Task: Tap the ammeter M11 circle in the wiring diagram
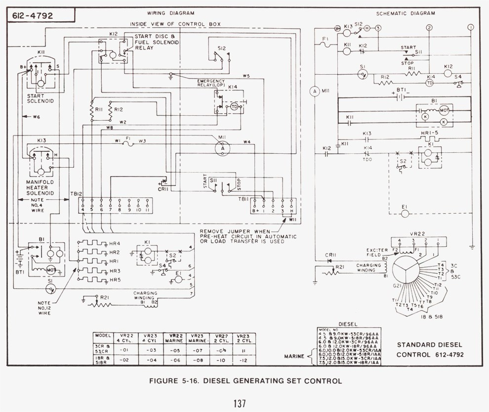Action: click(x=222, y=147)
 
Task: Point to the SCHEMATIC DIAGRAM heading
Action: click(x=405, y=13)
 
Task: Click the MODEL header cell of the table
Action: click(x=102, y=335)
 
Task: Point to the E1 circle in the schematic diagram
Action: click(x=405, y=214)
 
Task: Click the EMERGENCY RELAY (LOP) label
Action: click(x=211, y=83)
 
